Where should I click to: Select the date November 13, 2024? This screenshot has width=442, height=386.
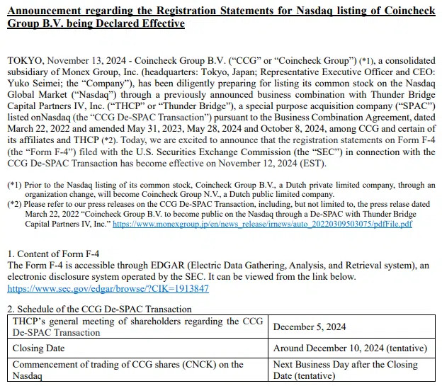click(x=91, y=61)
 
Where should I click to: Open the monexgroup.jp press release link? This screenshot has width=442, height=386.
click(x=262, y=223)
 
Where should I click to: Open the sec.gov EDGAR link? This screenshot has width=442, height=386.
click(x=108, y=289)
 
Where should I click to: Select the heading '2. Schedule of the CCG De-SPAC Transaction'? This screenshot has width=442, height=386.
click(x=99, y=309)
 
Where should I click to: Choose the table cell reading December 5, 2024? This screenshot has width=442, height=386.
click(x=310, y=327)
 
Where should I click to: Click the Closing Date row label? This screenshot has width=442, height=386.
click(x=39, y=348)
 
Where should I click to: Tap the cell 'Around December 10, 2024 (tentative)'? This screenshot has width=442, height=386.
click(x=350, y=348)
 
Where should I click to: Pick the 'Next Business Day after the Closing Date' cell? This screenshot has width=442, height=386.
click(x=345, y=370)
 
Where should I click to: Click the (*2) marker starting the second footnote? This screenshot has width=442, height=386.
click(x=15, y=204)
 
